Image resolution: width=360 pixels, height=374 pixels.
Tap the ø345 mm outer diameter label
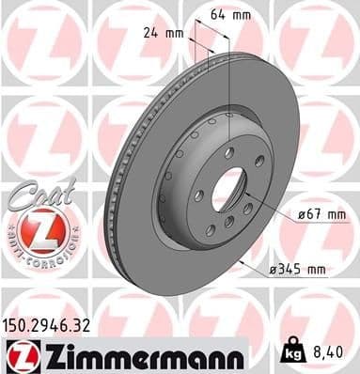coord(295,270)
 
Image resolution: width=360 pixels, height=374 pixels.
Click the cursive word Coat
coord(34,192)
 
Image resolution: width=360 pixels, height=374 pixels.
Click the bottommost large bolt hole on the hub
coord(228,222)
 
